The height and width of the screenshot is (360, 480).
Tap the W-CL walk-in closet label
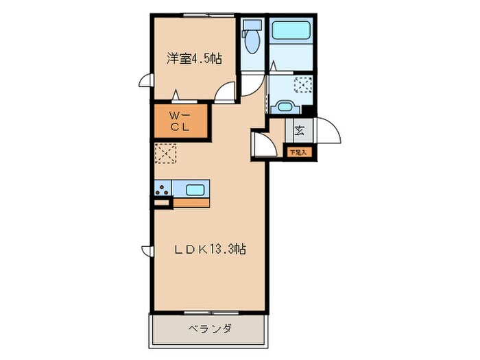[179, 121]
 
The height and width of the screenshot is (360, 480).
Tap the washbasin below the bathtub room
[285, 106]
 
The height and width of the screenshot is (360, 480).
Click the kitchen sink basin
[195, 190]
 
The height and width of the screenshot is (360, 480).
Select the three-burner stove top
[162, 190]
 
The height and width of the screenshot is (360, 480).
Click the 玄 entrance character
[300, 129]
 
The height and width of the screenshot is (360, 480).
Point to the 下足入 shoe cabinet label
[299, 152]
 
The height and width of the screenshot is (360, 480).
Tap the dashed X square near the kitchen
[166, 154]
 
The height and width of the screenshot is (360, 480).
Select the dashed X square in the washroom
[303, 86]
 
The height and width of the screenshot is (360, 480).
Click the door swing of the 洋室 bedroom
[226, 91]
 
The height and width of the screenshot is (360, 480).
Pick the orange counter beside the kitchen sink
[191, 203]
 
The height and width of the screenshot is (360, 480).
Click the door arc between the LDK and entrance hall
[260, 144]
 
